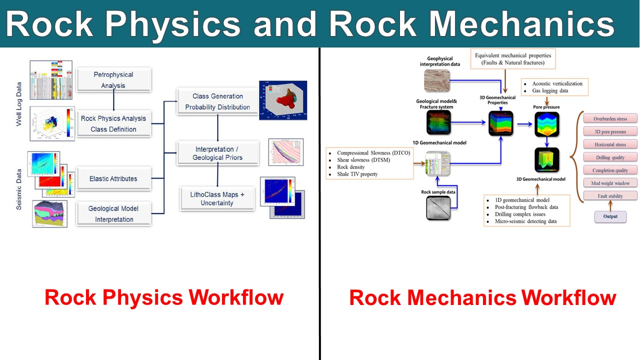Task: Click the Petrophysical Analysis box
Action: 113,80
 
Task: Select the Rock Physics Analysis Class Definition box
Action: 113,123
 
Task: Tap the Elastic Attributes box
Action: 113,178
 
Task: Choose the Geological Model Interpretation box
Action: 113,213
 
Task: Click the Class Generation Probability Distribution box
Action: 217,101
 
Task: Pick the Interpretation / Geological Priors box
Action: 217,153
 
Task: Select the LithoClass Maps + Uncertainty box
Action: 217,198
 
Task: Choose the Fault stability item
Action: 610,196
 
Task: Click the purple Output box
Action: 610,216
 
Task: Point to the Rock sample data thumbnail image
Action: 438,208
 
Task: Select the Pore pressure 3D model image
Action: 546,124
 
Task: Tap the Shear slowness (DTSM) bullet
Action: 364,160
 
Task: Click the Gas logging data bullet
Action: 550,91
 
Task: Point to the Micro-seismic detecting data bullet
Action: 525,221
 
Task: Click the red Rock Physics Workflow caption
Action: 164,297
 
